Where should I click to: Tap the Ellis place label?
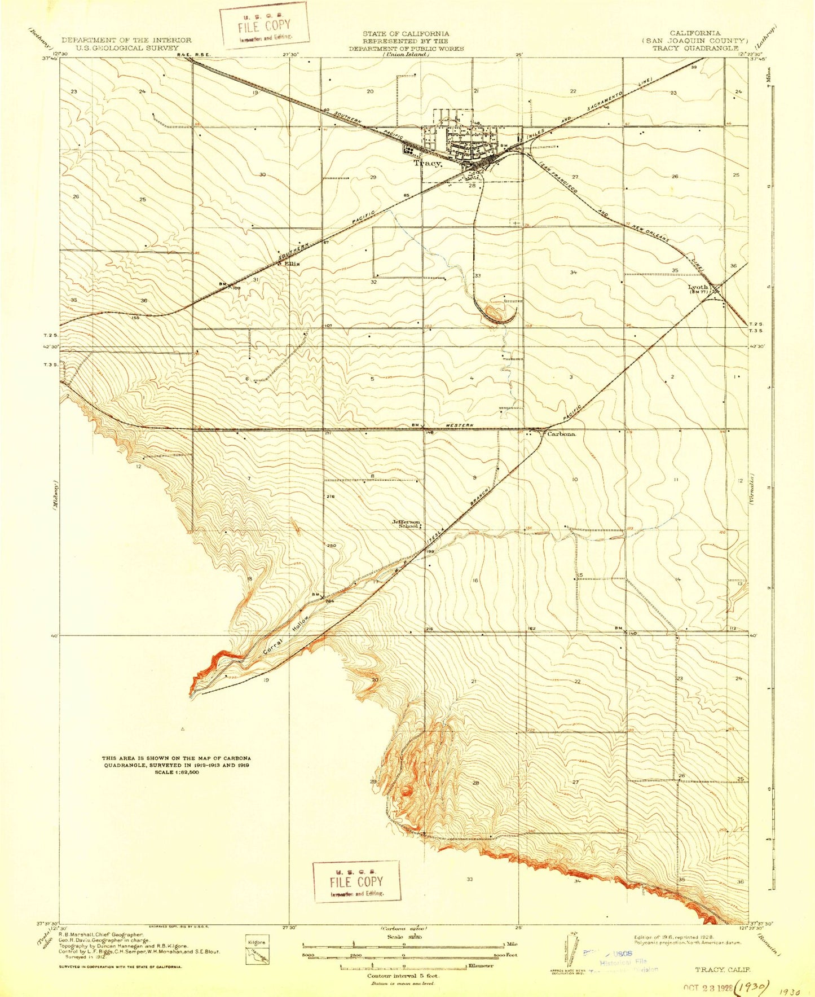click(x=291, y=263)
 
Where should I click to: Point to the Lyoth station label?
click(x=698, y=287)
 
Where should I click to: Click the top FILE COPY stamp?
click(x=264, y=25)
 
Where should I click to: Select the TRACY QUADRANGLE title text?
click(x=695, y=48)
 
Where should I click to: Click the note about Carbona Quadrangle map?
click(x=177, y=765)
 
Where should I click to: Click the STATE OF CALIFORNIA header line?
click(x=406, y=34)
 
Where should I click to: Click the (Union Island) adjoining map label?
click(x=406, y=55)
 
